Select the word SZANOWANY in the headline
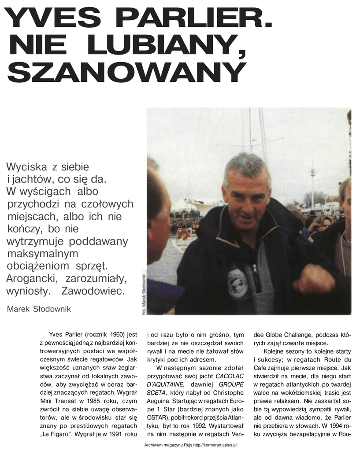(126, 72)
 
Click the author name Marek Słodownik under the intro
(39, 309)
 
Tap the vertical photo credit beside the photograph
(143, 293)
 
